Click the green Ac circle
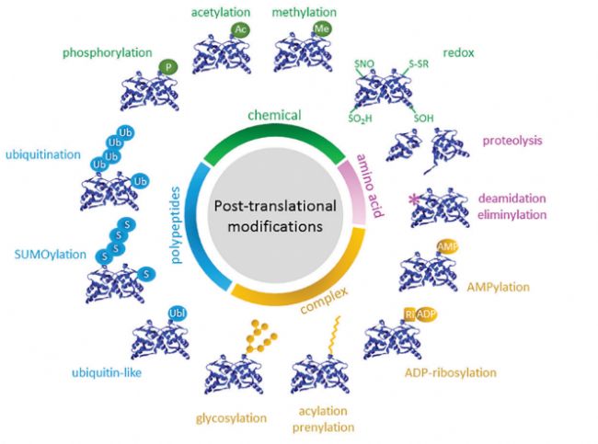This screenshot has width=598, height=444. click(241, 30)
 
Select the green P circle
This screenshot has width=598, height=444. click(167, 66)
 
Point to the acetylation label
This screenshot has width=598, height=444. click(220, 12)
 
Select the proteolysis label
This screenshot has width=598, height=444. click(512, 141)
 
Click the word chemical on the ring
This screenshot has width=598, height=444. click(275, 116)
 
